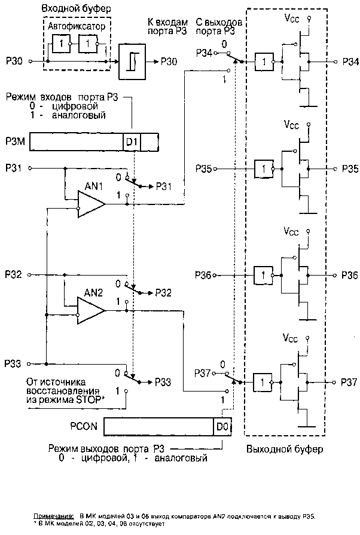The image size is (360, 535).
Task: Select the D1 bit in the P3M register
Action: (131, 143)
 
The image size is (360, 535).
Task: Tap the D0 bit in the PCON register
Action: (222, 427)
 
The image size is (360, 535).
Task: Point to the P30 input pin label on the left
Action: (13, 61)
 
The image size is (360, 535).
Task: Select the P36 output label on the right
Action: (350, 275)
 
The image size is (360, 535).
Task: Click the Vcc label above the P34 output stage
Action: (291, 19)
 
